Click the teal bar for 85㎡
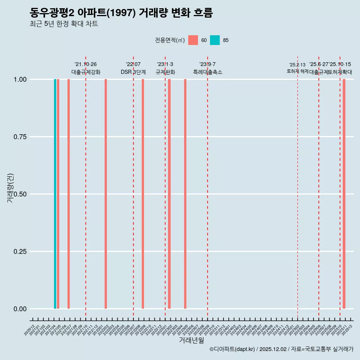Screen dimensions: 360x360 (x=55, y=194)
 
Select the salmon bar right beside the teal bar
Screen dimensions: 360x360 (x=58, y=194)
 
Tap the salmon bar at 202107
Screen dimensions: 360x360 (x=69, y=194)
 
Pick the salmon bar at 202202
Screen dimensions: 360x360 (x=106, y=194)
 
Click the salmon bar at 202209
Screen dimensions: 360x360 (x=143, y=194)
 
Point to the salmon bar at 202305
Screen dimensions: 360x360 (x=185, y=194)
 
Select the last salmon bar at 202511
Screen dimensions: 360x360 (x=344, y=194)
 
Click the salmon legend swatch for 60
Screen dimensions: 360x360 (x=193, y=40)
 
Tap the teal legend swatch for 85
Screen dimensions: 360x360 (x=215, y=40)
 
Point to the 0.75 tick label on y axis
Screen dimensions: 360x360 (x=20, y=137)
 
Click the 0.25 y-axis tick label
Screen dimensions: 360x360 (x=20, y=252)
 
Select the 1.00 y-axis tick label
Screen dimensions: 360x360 (x=20, y=79)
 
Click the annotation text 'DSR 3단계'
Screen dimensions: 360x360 (x=133, y=72)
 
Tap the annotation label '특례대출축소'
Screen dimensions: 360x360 (x=208, y=72)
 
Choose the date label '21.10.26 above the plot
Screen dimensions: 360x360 (x=85, y=64)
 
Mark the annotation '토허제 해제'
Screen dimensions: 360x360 (x=297, y=71)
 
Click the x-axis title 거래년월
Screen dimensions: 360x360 (x=191, y=340)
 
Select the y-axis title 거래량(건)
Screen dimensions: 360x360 (x=10, y=188)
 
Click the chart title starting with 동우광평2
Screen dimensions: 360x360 (x=121, y=13)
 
